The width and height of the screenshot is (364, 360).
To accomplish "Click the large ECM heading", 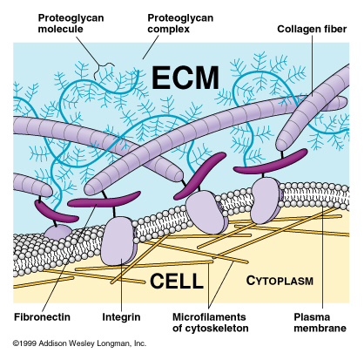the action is [185, 78].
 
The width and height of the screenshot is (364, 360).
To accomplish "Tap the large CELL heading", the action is [176, 281].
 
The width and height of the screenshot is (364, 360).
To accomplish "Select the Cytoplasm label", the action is [280, 281].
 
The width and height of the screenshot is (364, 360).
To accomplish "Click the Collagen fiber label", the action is [312, 29].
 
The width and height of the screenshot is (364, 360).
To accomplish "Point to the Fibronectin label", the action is [42, 316].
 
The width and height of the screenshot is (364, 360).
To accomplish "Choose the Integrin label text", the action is [121, 317].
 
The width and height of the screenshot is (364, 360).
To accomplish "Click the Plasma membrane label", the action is [320, 323].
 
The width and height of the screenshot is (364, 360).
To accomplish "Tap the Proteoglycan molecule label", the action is [71, 24].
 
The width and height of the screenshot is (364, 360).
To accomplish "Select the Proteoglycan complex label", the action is [180, 24].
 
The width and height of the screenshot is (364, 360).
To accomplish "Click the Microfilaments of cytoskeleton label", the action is [210, 323].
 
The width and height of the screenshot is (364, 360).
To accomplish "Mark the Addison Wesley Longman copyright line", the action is [79, 343].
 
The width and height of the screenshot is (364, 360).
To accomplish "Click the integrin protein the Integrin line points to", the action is [119, 241].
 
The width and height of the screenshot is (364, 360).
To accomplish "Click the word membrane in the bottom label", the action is [320, 329].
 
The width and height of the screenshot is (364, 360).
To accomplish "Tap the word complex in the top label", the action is [168, 30].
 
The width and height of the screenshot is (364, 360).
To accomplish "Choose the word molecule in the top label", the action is [60, 29].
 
